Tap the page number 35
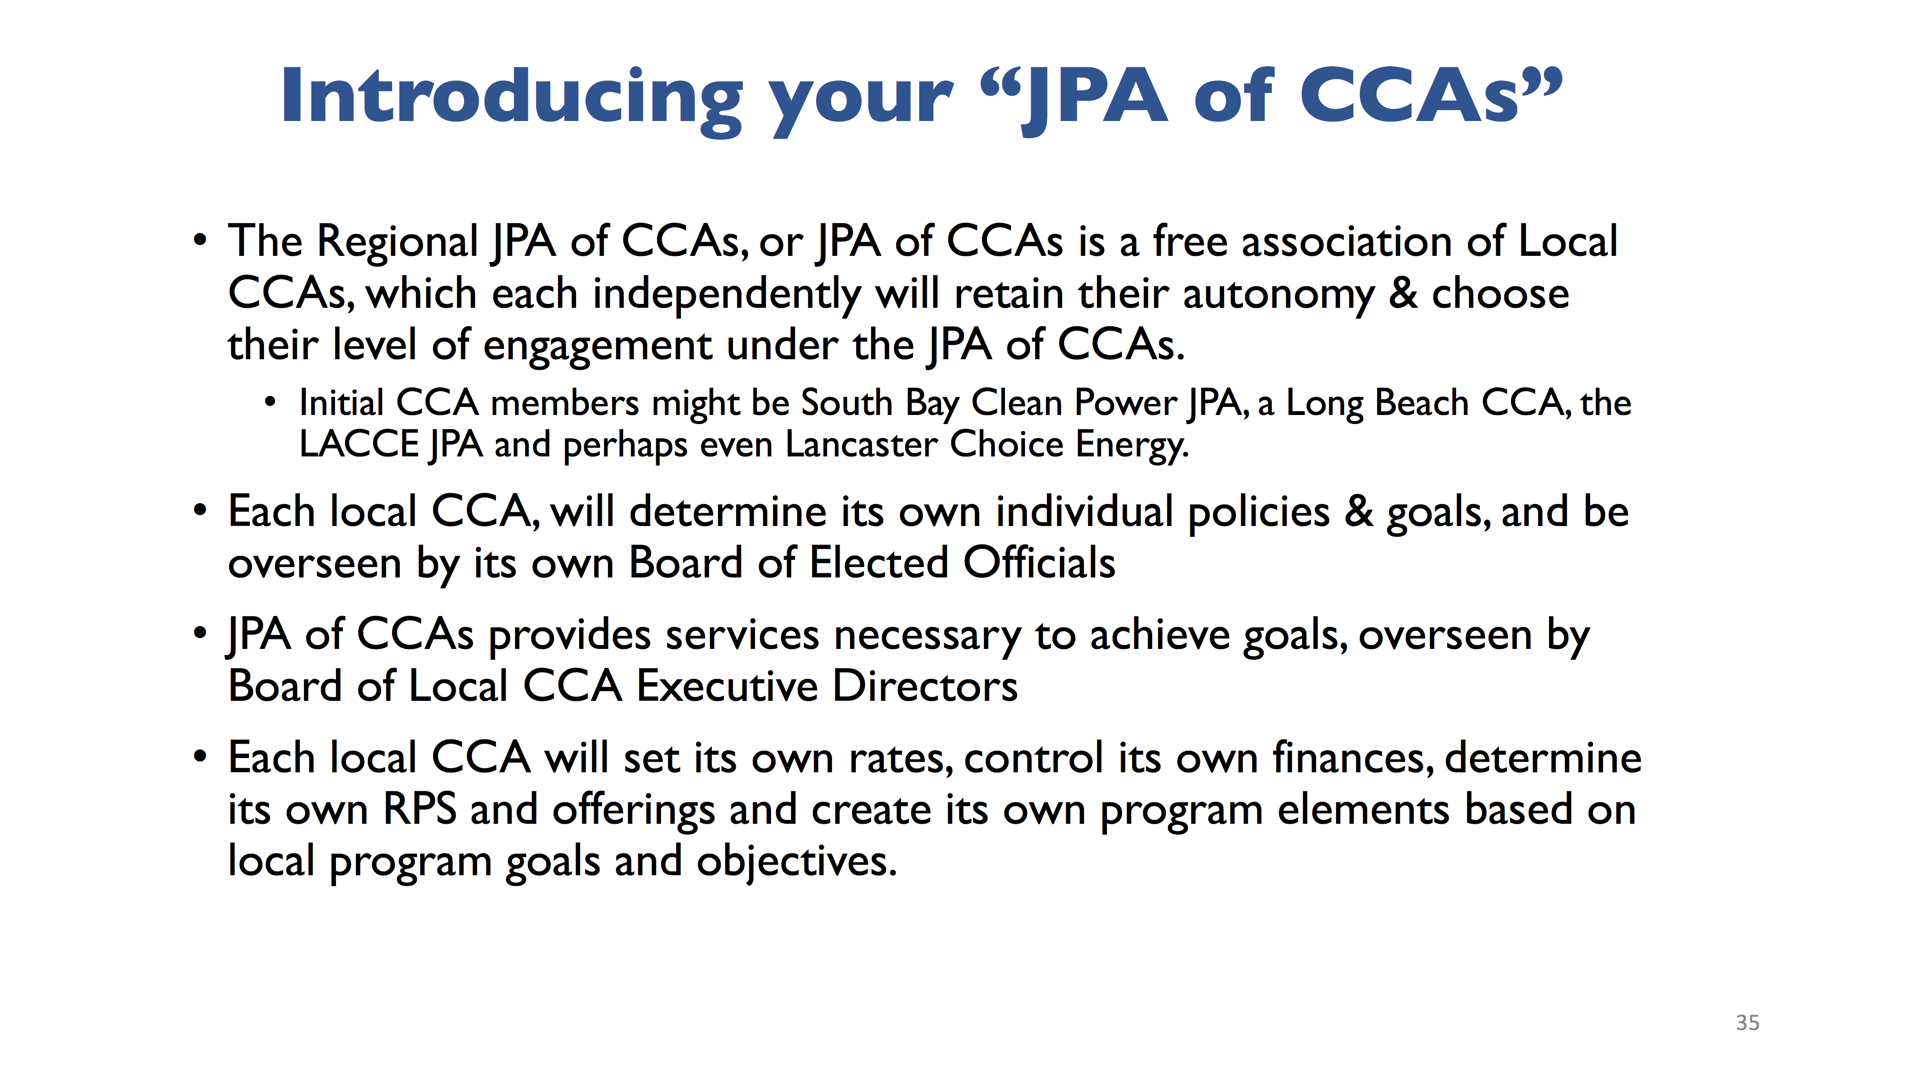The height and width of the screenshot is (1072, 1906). pyautogui.click(x=1748, y=1022)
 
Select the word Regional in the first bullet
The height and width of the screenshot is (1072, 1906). pyautogui.click(x=397, y=243)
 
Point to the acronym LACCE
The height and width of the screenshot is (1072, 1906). pyautogui.click(x=360, y=445)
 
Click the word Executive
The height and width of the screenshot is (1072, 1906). pyautogui.click(x=727, y=686)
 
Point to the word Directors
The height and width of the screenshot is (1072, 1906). pyautogui.click(x=925, y=686)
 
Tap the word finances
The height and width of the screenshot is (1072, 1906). pyautogui.click(x=1353, y=758)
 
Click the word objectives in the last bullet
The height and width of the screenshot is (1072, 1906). pyautogui.click(x=796, y=861)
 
